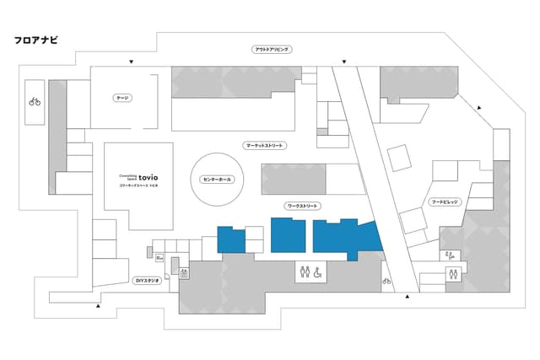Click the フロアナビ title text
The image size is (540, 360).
[x=36, y=40]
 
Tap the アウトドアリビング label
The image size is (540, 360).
[x=272, y=50]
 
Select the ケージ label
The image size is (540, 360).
[x=122, y=99]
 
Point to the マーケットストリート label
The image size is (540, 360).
[x=265, y=146]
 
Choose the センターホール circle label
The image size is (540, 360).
[x=218, y=180]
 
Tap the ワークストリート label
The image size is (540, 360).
[x=301, y=206]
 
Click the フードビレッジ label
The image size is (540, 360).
[x=445, y=203]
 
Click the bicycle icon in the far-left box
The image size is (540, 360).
[x=35, y=101]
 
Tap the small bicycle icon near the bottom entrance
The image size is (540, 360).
[x=387, y=281]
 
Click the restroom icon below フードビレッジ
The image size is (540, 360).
[x=455, y=273]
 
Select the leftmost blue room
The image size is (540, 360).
[x=230, y=239]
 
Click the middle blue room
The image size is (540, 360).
[x=289, y=235]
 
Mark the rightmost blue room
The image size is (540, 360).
[x=344, y=237]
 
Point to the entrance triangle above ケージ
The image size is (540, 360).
[x=131, y=62]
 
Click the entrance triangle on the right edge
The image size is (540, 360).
[x=481, y=107]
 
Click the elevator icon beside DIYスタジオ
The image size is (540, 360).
[x=184, y=272]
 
